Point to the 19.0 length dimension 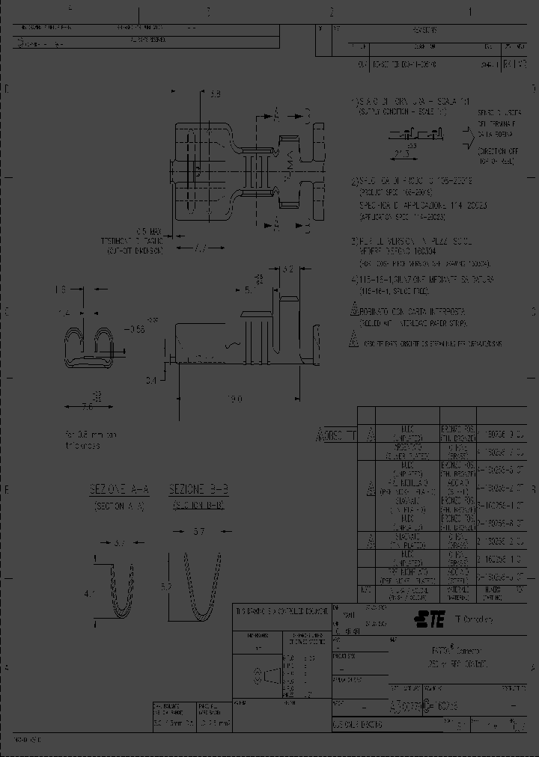(235, 399)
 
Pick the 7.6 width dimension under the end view (88, 407)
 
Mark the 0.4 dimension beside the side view (152, 381)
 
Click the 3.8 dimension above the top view (215, 95)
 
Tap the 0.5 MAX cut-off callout (149, 232)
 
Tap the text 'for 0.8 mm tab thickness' (91, 440)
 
